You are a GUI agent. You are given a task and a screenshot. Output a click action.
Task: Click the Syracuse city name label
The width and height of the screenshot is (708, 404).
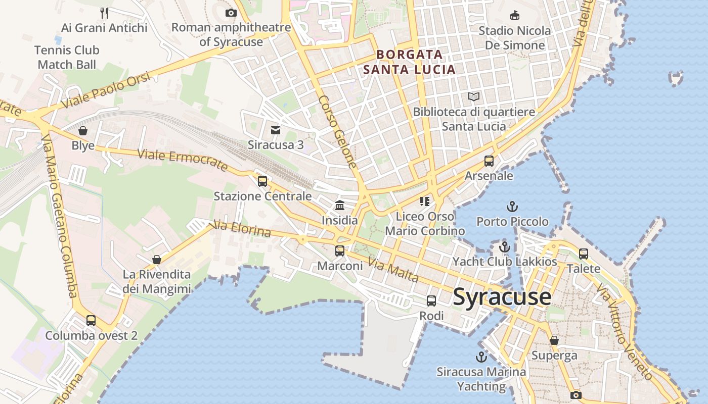(x=502, y=296)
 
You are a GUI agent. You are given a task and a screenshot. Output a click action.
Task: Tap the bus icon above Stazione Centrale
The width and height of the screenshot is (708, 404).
(x=262, y=181)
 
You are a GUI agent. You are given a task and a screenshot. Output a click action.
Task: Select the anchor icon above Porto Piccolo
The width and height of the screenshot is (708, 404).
(x=512, y=207)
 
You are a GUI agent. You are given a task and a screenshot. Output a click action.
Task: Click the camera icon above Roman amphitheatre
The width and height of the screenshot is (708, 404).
(x=231, y=13)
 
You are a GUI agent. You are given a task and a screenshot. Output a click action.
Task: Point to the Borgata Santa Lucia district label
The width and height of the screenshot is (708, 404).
(x=409, y=62)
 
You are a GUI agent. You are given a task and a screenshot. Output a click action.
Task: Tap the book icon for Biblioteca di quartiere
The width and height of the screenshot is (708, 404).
(x=474, y=96)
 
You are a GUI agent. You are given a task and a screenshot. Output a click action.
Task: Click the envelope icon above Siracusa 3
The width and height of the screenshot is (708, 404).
(x=276, y=130)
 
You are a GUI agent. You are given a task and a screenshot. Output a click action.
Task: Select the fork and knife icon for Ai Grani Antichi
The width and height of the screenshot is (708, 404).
(x=104, y=13)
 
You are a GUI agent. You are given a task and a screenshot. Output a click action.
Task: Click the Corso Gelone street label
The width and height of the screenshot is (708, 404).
(x=338, y=132)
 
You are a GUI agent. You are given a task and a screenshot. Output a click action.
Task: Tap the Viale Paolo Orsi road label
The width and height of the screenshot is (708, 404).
(x=106, y=90)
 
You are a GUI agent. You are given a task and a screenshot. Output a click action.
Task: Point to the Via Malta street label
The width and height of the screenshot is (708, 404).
(x=393, y=270)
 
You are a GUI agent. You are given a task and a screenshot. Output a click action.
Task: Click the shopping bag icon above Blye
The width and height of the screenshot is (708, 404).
(x=83, y=131)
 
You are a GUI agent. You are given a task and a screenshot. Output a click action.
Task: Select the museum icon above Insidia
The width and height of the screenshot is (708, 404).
(x=340, y=206)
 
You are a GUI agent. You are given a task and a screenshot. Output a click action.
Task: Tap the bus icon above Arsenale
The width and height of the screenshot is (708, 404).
(x=489, y=161)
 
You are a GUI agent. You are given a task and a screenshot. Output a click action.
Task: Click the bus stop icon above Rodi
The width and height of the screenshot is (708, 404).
(x=431, y=301)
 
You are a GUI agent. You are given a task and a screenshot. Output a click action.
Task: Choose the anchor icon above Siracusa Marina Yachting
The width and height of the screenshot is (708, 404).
(x=481, y=357)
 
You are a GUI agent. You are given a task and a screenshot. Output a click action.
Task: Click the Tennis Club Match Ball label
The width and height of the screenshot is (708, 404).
(x=67, y=57)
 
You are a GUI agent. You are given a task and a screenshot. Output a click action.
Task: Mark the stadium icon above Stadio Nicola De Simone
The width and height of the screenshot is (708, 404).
(x=515, y=16)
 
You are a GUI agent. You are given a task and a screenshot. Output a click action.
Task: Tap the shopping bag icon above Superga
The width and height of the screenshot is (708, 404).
(x=554, y=340)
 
